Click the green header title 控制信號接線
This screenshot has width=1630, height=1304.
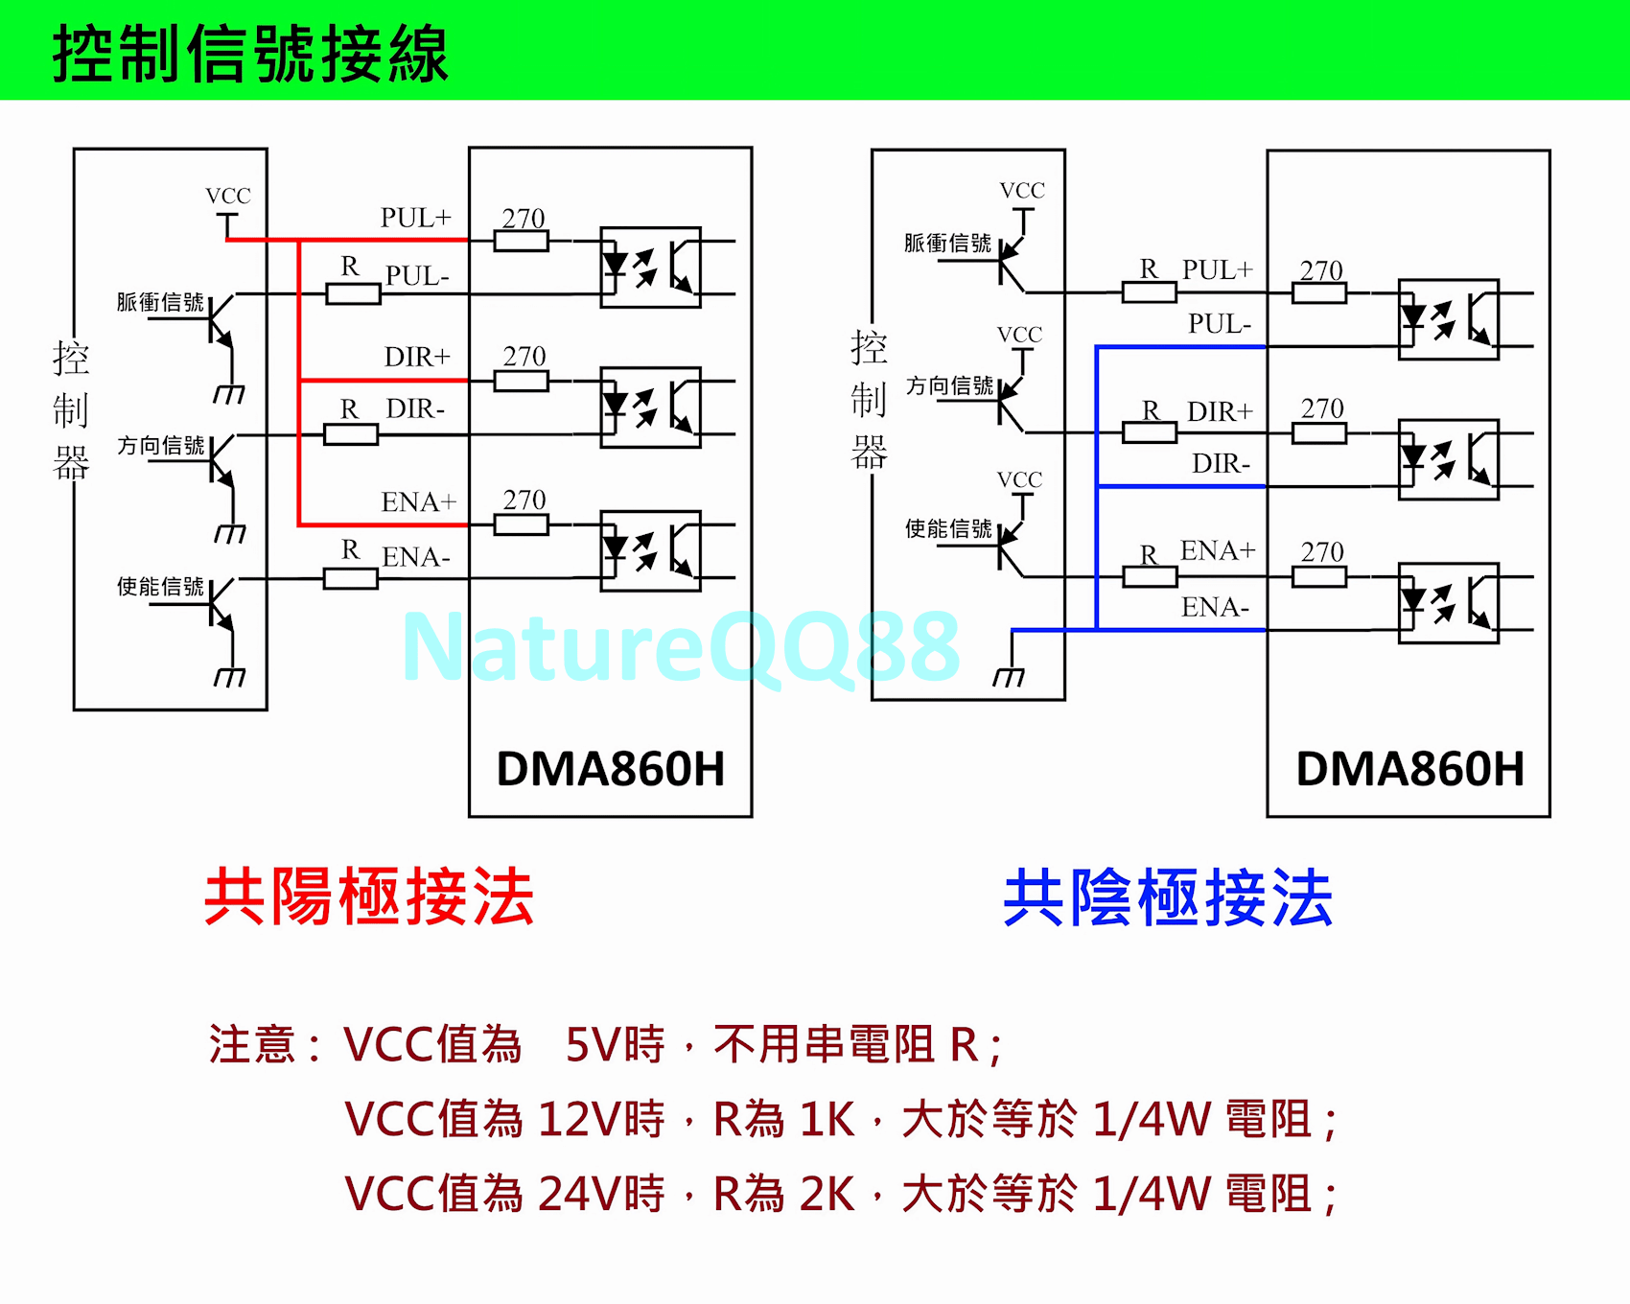(x=250, y=54)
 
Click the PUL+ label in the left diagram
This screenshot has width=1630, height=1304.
(x=415, y=219)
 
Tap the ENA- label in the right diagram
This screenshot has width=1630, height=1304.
(x=1215, y=607)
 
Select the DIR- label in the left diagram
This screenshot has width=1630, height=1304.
(x=415, y=409)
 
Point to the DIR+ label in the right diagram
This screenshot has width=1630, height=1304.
(x=1220, y=412)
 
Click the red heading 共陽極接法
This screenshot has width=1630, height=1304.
(x=369, y=897)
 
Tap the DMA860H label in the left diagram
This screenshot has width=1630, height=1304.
(x=610, y=769)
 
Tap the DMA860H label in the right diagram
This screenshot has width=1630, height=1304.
(x=1409, y=769)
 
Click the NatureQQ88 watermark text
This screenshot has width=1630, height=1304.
(x=681, y=648)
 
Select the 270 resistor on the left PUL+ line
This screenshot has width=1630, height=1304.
(x=522, y=241)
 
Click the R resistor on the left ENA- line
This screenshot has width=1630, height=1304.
(x=350, y=578)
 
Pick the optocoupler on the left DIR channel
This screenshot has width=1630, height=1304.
(x=650, y=407)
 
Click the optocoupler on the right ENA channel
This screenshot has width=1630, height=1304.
(x=1448, y=603)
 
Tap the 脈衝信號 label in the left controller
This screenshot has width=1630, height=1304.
(x=160, y=303)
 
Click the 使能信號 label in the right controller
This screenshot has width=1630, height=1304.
(x=948, y=529)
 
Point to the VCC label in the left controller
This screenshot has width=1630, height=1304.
(x=228, y=197)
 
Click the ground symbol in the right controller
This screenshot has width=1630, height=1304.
(x=1009, y=675)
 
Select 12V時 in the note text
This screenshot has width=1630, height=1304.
(x=601, y=1119)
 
